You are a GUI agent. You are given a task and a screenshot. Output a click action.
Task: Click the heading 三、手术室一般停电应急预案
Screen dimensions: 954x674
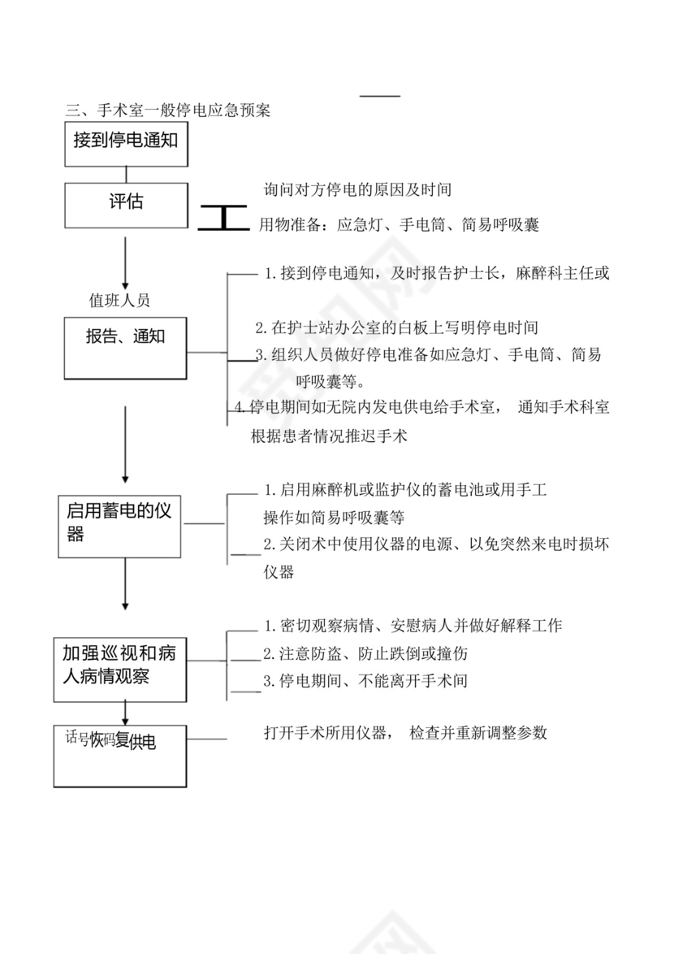coord(168,109)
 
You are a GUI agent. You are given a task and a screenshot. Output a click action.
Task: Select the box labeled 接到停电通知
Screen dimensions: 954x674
coord(125,144)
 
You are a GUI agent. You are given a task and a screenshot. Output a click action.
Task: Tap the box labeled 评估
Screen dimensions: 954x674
coord(125,205)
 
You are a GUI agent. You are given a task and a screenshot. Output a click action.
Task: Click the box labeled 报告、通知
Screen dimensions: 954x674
coord(125,348)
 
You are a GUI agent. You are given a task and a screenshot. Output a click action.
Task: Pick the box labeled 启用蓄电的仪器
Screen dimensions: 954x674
coord(119,525)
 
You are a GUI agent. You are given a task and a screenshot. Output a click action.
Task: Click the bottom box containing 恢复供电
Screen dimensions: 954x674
coord(121,755)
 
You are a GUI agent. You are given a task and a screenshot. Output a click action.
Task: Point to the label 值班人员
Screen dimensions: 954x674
coord(119,300)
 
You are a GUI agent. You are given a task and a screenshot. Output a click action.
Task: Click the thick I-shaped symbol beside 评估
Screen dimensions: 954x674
coord(223,219)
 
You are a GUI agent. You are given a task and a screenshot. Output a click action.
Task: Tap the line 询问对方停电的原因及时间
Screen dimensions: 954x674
coord(357,190)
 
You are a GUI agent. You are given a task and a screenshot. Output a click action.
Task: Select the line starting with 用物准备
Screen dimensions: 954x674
coord(398,225)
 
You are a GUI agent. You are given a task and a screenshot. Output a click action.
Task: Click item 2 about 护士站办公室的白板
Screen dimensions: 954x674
coord(396,328)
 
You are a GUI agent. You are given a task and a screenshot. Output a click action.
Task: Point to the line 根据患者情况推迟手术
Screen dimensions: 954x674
coord(328,436)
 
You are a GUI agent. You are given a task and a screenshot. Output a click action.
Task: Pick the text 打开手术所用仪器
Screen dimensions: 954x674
coord(328,733)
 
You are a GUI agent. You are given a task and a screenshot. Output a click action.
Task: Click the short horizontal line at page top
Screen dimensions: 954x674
coord(381,96)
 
